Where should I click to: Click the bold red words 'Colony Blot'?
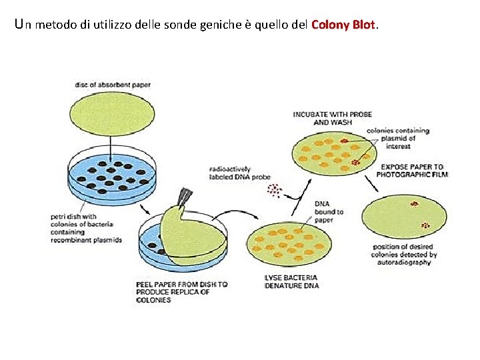344,25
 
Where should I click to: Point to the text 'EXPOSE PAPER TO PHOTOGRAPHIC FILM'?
413,170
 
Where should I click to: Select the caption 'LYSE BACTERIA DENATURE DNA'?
291,281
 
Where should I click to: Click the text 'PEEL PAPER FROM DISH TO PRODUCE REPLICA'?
181,292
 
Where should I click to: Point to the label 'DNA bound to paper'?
329,212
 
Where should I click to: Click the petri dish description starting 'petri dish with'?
86,228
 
